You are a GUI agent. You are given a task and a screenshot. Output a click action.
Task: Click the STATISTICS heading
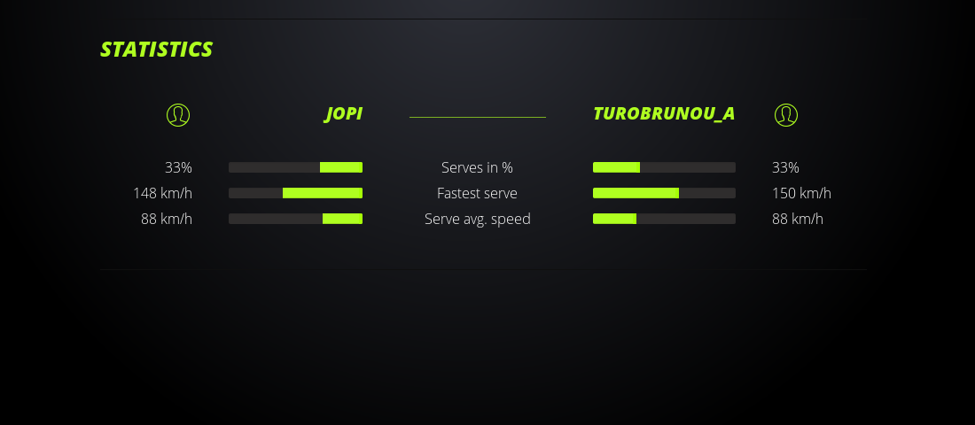pyautogui.click(x=156, y=49)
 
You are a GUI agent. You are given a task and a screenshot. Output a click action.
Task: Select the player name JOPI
pyautogui.click(x=343, y=113)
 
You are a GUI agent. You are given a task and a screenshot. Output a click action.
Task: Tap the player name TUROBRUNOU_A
pyautogui.click(x=664, y=113)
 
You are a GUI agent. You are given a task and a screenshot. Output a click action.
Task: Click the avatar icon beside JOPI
pyautogui.click(x=178, y=115)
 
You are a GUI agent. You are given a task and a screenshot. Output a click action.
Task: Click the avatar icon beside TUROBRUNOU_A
pyautogui.click(x=786, y=115)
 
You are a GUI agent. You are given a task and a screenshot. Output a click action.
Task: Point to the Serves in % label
pyautogui.click(x=477, y=167)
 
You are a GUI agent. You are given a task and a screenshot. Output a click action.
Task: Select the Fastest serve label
pyautogui.click(x=477, y=193)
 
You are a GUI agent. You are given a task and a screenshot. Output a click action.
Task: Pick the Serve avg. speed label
pyautogui.click(x=478, y=219)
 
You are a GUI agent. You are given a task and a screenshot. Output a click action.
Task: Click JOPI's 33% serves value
pyautogui.click(x=178, y=167)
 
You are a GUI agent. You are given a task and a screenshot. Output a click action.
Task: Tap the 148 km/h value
pyautogui.click(x=163, y=193)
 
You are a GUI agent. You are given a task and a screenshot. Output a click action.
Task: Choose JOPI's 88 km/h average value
pyautogui.click(x=167, y=219)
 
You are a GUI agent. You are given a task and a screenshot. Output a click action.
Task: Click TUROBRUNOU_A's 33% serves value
pyautogui.click(x=785, y=167)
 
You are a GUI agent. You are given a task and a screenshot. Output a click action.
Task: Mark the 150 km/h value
pyautogui.click(x=801, y=193)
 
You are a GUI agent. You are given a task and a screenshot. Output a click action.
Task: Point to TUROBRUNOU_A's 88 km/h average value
pyautogui.click(x=797, y=219)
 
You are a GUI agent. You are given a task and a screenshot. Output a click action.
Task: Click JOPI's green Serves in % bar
pyautogui.click(x=341, y=167)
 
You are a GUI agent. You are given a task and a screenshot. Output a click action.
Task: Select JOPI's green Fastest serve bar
pyautogui.click(x=323, y=193)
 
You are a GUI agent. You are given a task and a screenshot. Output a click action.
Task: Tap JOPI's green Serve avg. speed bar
pyautogui.click(x=343, y=219)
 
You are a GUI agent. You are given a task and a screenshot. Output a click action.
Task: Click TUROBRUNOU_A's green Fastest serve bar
pyautogui.click(x=636, y=193)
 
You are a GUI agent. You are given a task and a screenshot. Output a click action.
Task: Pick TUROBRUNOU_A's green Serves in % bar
pyautogui.click(x=616, y=167)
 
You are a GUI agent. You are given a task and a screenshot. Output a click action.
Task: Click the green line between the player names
pyautogui.click(x=478, y=117)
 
